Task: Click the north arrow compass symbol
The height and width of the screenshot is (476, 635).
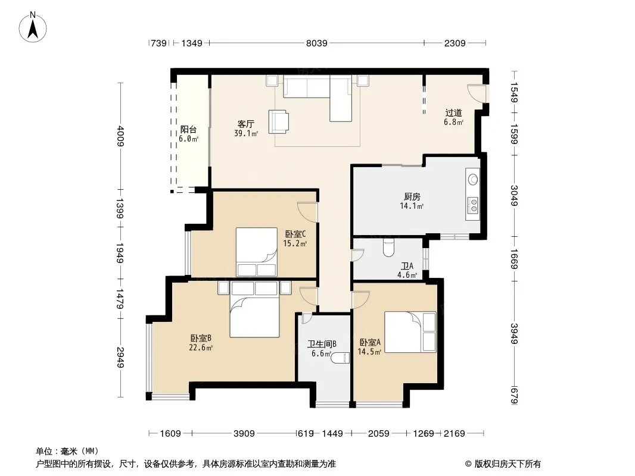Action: pyautogui.click(x=32, y=27)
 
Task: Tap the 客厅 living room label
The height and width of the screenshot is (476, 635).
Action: pyautogui.click(x=245, y=124)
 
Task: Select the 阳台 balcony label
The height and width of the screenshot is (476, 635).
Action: pyautogui.click(x=188, y=130)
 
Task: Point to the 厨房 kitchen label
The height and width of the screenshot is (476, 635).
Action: pyautogui.click(x=412, y=197)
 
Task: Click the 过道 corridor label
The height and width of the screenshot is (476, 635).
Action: pyautogui.click(x=453, y=113)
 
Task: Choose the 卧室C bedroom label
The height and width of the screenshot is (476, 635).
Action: pyautogui.click(x=295, y=234)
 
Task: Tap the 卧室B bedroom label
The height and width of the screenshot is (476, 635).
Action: pyautogui.click(x=201, y=338)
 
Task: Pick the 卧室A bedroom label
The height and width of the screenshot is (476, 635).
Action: pyautogui.click(x=370, y=343)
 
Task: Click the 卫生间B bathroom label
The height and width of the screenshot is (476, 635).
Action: pyautogui.click(x=322, y=344)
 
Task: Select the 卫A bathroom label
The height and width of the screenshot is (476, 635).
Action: pyautogui.click(x=407, y=266)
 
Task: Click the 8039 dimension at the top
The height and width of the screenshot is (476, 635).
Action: pyautogui.click(x=316, y=43)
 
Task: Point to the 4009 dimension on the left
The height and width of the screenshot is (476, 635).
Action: pyautogui.click(x=120, y=136)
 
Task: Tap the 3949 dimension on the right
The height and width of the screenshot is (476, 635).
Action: pyautogui.click(x=514, y=334)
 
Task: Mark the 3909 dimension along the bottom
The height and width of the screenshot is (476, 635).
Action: pyautogui.click(x=244, y=434)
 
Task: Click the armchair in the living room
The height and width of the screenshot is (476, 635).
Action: pyautogui.click(x=279, y=121)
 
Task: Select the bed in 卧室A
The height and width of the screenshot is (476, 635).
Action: pyautogui.click(x=410, y=331)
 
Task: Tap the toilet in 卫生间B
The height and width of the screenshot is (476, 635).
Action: pyautogui.click(x=340, y=358)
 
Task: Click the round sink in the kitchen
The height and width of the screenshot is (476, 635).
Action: pyautogui.click(x=472, y=179)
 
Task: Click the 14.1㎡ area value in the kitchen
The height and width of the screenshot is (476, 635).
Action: pyautogui.click(x=412, y=206)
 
